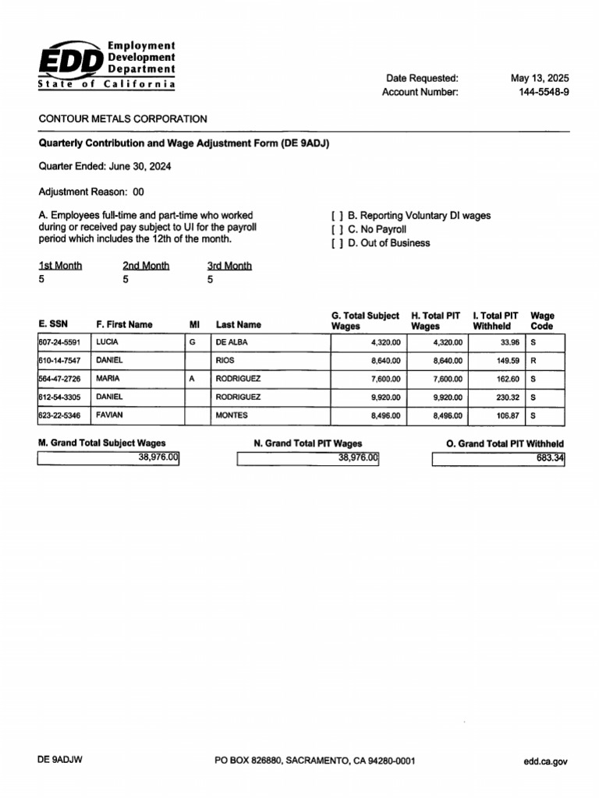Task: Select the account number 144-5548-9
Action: [x=544, y=92]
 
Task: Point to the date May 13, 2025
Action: [x=540, y=78]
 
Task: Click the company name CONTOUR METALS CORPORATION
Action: [x=123, y=119]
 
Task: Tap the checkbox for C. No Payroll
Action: [x=337, y=230]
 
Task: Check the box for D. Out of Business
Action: [x=337, y=243]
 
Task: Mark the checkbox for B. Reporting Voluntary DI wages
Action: [x=337, y=216]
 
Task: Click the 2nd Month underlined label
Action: [x=146, y=266]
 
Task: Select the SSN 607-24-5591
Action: [x=59, y=342]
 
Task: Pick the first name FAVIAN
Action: [x=110, y=415]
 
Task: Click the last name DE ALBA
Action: [x=232, y=342]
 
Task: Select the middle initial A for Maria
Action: [x=192, y=379]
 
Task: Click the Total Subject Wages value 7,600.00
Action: [x=384, y=380]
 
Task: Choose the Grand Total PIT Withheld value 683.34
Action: [x=549, y=459]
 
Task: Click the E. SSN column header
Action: [x=52, y=325]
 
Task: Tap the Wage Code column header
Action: [x=542, y=321]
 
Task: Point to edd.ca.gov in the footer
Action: [x=545, y=761]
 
